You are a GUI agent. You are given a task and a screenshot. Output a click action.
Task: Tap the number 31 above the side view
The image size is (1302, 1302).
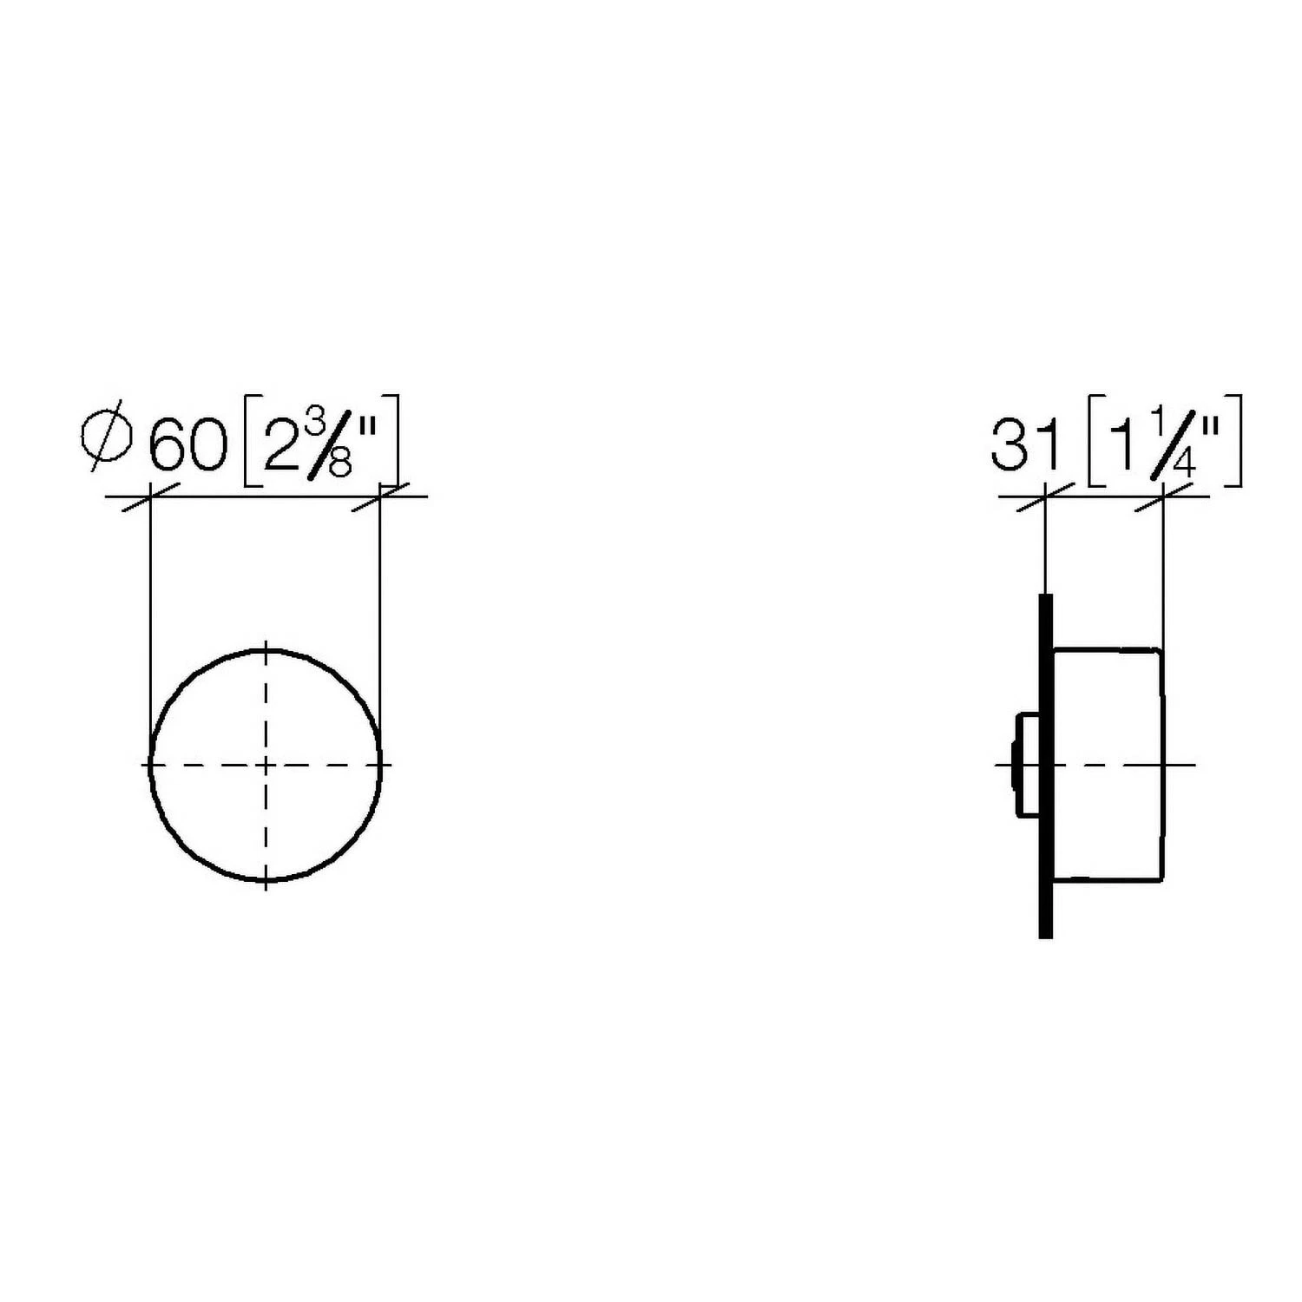click(1026, 444)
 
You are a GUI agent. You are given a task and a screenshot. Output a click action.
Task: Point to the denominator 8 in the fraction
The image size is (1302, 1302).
click(339, 464)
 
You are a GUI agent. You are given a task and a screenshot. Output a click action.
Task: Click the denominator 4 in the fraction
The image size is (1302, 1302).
click(1182, 462)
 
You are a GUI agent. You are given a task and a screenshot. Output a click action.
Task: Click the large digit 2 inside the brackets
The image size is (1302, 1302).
click(279, 444)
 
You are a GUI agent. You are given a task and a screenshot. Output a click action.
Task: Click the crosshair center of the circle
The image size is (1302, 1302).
click(266, 765)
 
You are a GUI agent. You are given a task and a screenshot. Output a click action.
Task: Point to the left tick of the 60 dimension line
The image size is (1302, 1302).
click(150, 497)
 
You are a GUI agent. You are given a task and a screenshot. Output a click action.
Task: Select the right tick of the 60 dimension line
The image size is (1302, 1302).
click(380, 497)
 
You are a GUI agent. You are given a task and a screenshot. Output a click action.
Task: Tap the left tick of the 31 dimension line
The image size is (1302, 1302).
click(1045, 497)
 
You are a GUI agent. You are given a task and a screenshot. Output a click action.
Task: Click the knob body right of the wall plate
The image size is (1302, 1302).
click(1108, 764)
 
